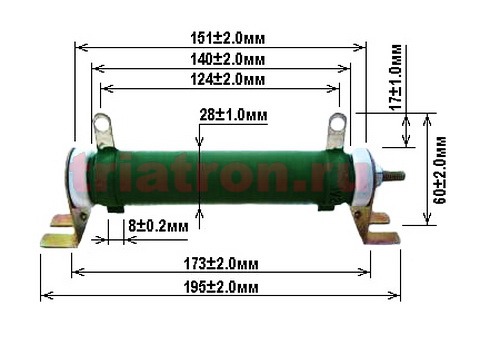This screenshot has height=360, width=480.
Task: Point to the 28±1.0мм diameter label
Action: [233, 116]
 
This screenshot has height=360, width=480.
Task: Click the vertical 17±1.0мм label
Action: [397, 89]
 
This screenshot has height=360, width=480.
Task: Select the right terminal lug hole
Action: [337, 125]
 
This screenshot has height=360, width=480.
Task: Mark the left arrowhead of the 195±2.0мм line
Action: [44, 296]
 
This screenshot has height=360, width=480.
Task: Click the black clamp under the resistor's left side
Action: [115, 208]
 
